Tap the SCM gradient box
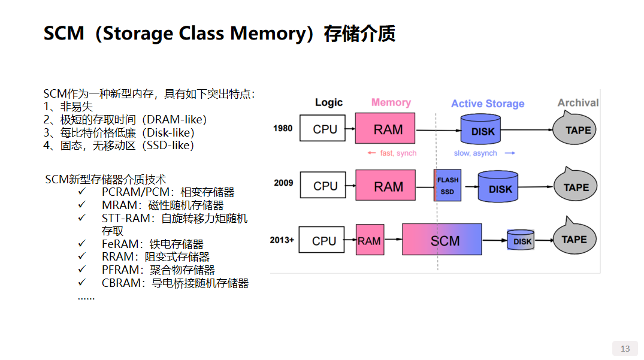point(442,240)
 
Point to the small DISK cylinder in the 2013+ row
point(521,240)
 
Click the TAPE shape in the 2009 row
point(576,186)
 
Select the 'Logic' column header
point(329,102)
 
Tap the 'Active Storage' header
point(488,104)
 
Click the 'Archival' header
point(578,102)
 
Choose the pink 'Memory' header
point(391,102)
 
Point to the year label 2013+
point(282,240)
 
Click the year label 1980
point(283,128)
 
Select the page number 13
point(625,349)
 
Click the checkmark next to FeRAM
point(82,243)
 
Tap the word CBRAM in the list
point(119,283)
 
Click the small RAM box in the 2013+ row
point(369,240)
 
